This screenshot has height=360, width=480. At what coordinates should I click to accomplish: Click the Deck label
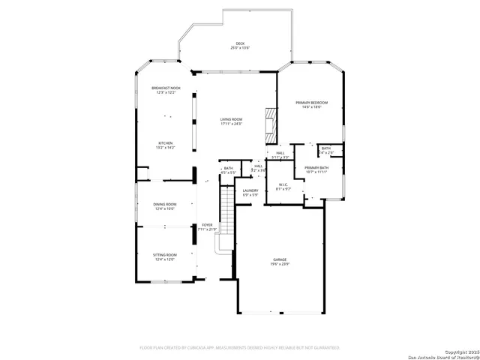tap(240, 44)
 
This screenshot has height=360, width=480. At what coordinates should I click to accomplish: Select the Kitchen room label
tap(165, 142)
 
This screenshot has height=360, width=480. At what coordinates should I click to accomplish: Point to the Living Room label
tap(231, 119)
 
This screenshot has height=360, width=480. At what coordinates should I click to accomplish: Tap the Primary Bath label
tap(316, 167)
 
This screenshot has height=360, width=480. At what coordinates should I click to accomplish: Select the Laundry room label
tap(250, 190)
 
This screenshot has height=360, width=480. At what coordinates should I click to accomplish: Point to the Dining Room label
tap(165, 204)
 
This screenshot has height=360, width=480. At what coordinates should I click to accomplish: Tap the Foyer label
tap(207, 225)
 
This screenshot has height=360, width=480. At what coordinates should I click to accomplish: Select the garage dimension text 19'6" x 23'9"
tap(280, 264)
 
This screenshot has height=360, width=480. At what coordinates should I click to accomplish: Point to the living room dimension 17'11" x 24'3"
tap(231, 124)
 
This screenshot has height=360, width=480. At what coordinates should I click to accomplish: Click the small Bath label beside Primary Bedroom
tap(326, 148)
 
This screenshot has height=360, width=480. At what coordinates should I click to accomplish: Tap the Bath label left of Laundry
tap(228, 168)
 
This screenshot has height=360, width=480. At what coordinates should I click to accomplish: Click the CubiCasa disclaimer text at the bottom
tap(240, 347)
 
